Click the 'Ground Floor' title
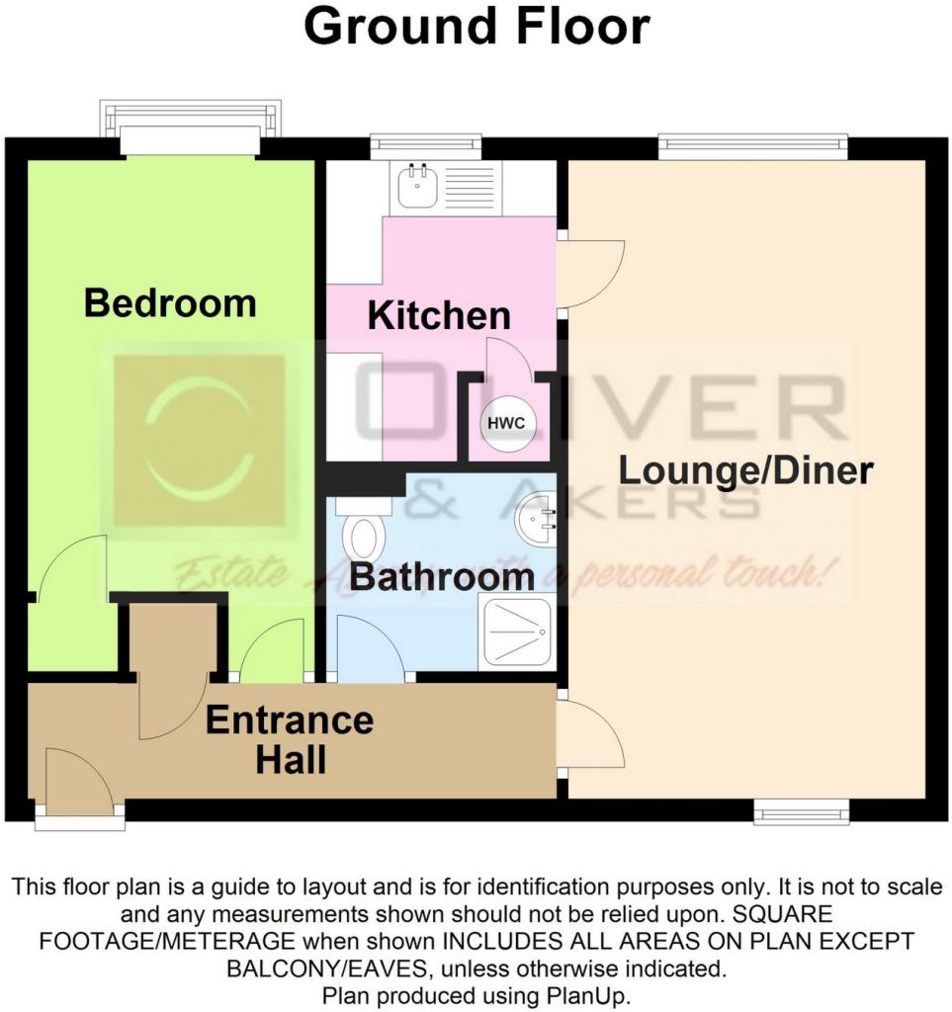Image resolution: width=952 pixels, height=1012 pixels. click(476, 28)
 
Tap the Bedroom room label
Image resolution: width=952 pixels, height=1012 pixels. click(170, 303)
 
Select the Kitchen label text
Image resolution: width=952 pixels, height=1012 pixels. click(439, 316)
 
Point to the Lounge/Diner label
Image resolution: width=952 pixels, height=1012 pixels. click(746, 470)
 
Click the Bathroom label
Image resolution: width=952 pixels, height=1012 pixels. click(442, 576)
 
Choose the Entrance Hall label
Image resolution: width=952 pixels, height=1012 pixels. click(290, 739)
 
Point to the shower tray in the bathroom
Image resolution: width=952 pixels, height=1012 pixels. click(516, 631)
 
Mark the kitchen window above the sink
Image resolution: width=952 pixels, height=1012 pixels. click(426, 147)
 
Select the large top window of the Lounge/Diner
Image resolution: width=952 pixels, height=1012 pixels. click(753, 147)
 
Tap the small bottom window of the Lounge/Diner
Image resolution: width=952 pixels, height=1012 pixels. click(801, 811)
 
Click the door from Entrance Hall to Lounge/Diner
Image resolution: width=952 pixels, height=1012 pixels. click(589, 734)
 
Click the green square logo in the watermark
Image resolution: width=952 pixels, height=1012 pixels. click(199, 441)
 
